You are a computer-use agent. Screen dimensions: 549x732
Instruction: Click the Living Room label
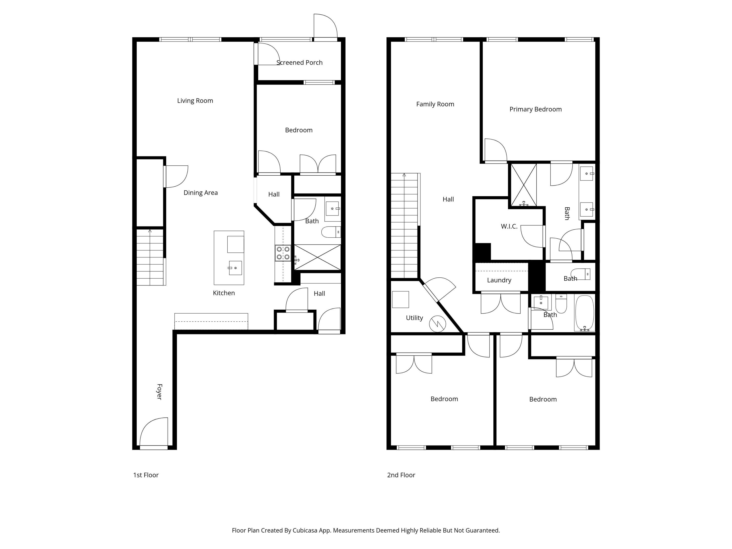(x=195, y=101)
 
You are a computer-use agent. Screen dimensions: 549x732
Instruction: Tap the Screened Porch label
(x=299, y=62)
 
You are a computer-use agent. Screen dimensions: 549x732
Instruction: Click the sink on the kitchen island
(x=235, y=268)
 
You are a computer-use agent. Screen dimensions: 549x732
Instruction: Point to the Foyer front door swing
(x=154, y=432)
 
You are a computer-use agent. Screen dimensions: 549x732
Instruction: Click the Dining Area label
(x=201, y=193)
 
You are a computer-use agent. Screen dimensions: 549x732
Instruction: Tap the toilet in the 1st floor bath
(x=331, y=232)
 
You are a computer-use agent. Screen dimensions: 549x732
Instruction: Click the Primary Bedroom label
(x=535, y=109)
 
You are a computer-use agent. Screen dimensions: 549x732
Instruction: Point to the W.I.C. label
(x=509, y=226)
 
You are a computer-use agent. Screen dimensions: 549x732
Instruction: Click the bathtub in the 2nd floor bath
(x=585, y=313)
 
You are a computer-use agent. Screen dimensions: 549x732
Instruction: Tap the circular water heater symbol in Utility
(x=437, y=324)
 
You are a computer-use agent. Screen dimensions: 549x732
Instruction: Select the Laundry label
(x=499, y=280)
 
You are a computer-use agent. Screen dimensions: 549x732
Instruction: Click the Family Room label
(x=435, y=104)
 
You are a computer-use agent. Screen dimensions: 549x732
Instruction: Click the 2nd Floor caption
(x=401, y=475)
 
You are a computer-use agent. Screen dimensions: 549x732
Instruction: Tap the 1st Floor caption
(x=146, y=475)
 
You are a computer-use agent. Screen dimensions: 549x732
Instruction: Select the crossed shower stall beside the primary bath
(x=524, y=185)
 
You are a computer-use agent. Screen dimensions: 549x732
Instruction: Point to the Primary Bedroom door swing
(x=495, y=150)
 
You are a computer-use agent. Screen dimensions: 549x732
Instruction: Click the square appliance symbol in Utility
(x=400, y=299)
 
